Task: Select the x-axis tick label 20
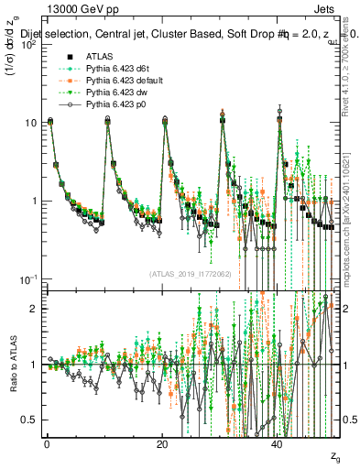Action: click(x=162, y=443)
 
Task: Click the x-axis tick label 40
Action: click(x=279, y=443)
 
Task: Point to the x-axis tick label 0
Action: click(x=46, y=443)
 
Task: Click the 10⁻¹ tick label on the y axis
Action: click(x=27, y=278)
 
